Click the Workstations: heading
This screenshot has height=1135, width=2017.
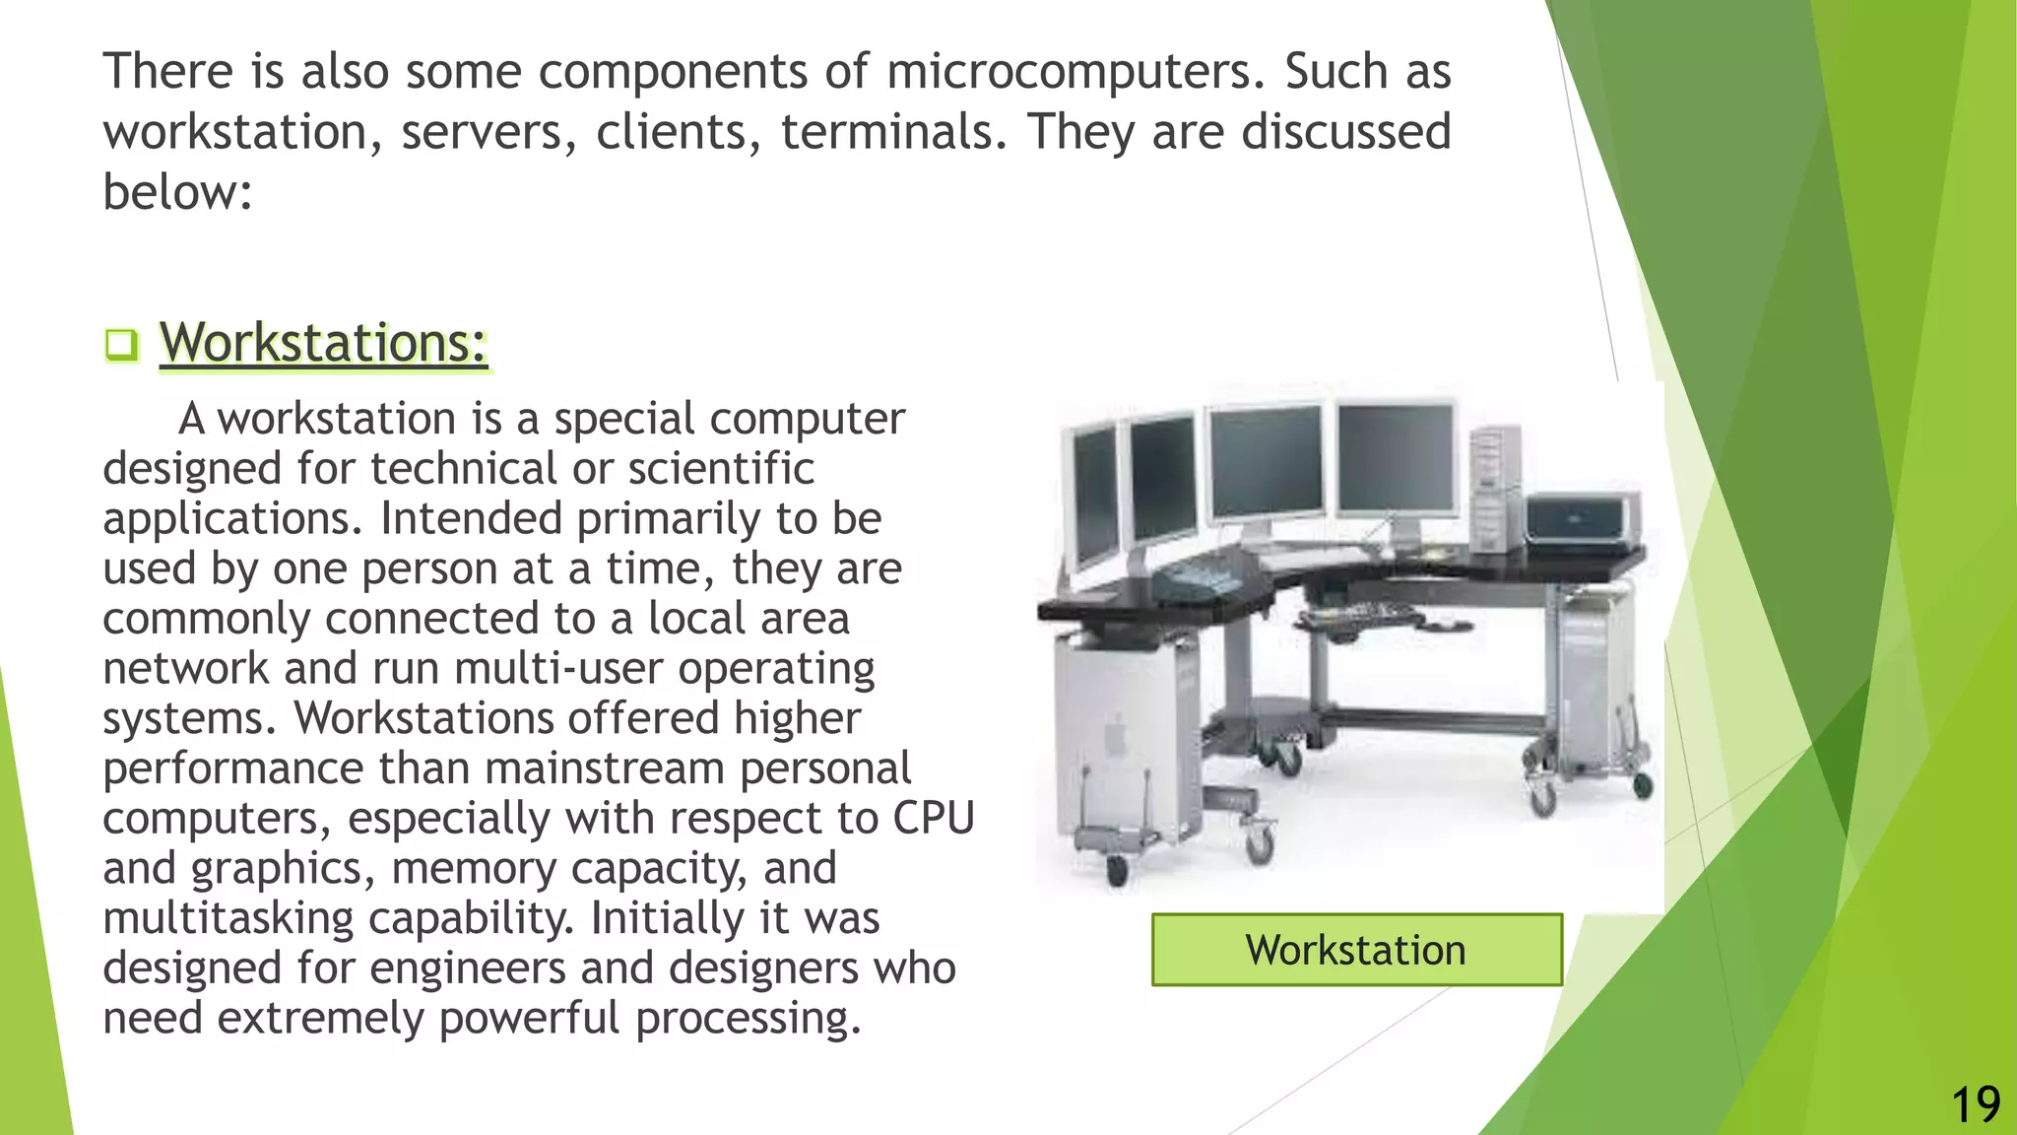click(x=324, y=343)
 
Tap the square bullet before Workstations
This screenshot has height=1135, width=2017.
click(x=121, y=345)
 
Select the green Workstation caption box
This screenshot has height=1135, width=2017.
click(x=1356, y=950)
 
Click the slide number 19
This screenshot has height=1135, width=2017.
click(x=1975, y=1105)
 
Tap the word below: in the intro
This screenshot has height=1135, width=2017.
click(x=178, y=192)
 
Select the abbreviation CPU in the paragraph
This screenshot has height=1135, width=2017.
click(x=934, y=819)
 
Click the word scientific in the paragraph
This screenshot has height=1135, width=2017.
click(x=721, y=469)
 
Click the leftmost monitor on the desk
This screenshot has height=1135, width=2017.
click(x=1094, y=498)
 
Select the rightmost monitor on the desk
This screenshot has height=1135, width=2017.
click(x=1396, y=458)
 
